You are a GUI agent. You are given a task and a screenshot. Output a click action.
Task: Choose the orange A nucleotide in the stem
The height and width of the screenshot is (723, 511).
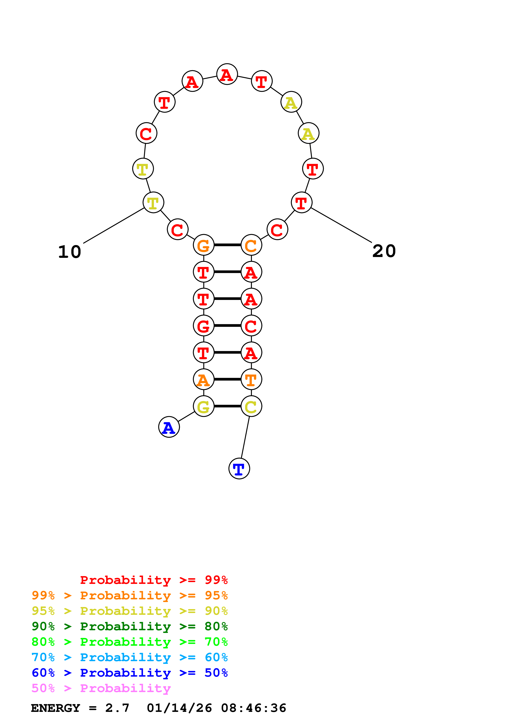203,379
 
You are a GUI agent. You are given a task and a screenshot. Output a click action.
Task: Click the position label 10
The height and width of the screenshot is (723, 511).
70,252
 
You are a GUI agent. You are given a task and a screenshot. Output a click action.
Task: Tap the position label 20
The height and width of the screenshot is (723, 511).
384,251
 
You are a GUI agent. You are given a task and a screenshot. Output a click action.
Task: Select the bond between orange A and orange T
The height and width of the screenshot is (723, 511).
227,379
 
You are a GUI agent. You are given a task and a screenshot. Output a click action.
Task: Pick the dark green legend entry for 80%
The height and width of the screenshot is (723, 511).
129,626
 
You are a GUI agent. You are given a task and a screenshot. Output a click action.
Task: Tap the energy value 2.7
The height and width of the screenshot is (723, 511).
117,708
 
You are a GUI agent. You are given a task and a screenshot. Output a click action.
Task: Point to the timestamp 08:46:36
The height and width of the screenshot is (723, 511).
254,708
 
